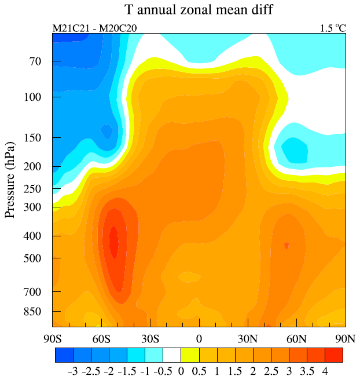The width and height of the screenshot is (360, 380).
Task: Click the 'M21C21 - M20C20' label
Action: [94, 28]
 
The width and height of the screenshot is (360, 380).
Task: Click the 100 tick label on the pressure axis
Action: [35, 96]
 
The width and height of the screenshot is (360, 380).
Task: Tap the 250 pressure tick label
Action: [35, 189]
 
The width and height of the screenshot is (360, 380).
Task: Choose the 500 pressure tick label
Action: [35, 258]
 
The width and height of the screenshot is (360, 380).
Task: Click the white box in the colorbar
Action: [172, 354]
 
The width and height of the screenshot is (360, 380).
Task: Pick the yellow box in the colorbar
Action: [190, 354]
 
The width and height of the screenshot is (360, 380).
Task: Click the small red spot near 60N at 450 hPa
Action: [286, 246]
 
